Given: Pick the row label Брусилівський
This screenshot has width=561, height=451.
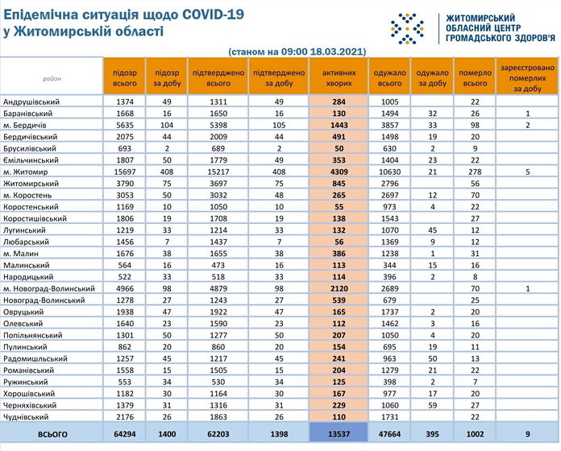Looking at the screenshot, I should click(x=30, y=149).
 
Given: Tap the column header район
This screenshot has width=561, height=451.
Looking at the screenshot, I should click(x=52, y=78).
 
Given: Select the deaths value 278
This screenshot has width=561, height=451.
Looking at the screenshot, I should click(x=475, y=172).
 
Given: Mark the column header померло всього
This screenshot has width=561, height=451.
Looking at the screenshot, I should click(x=475, y=77).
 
